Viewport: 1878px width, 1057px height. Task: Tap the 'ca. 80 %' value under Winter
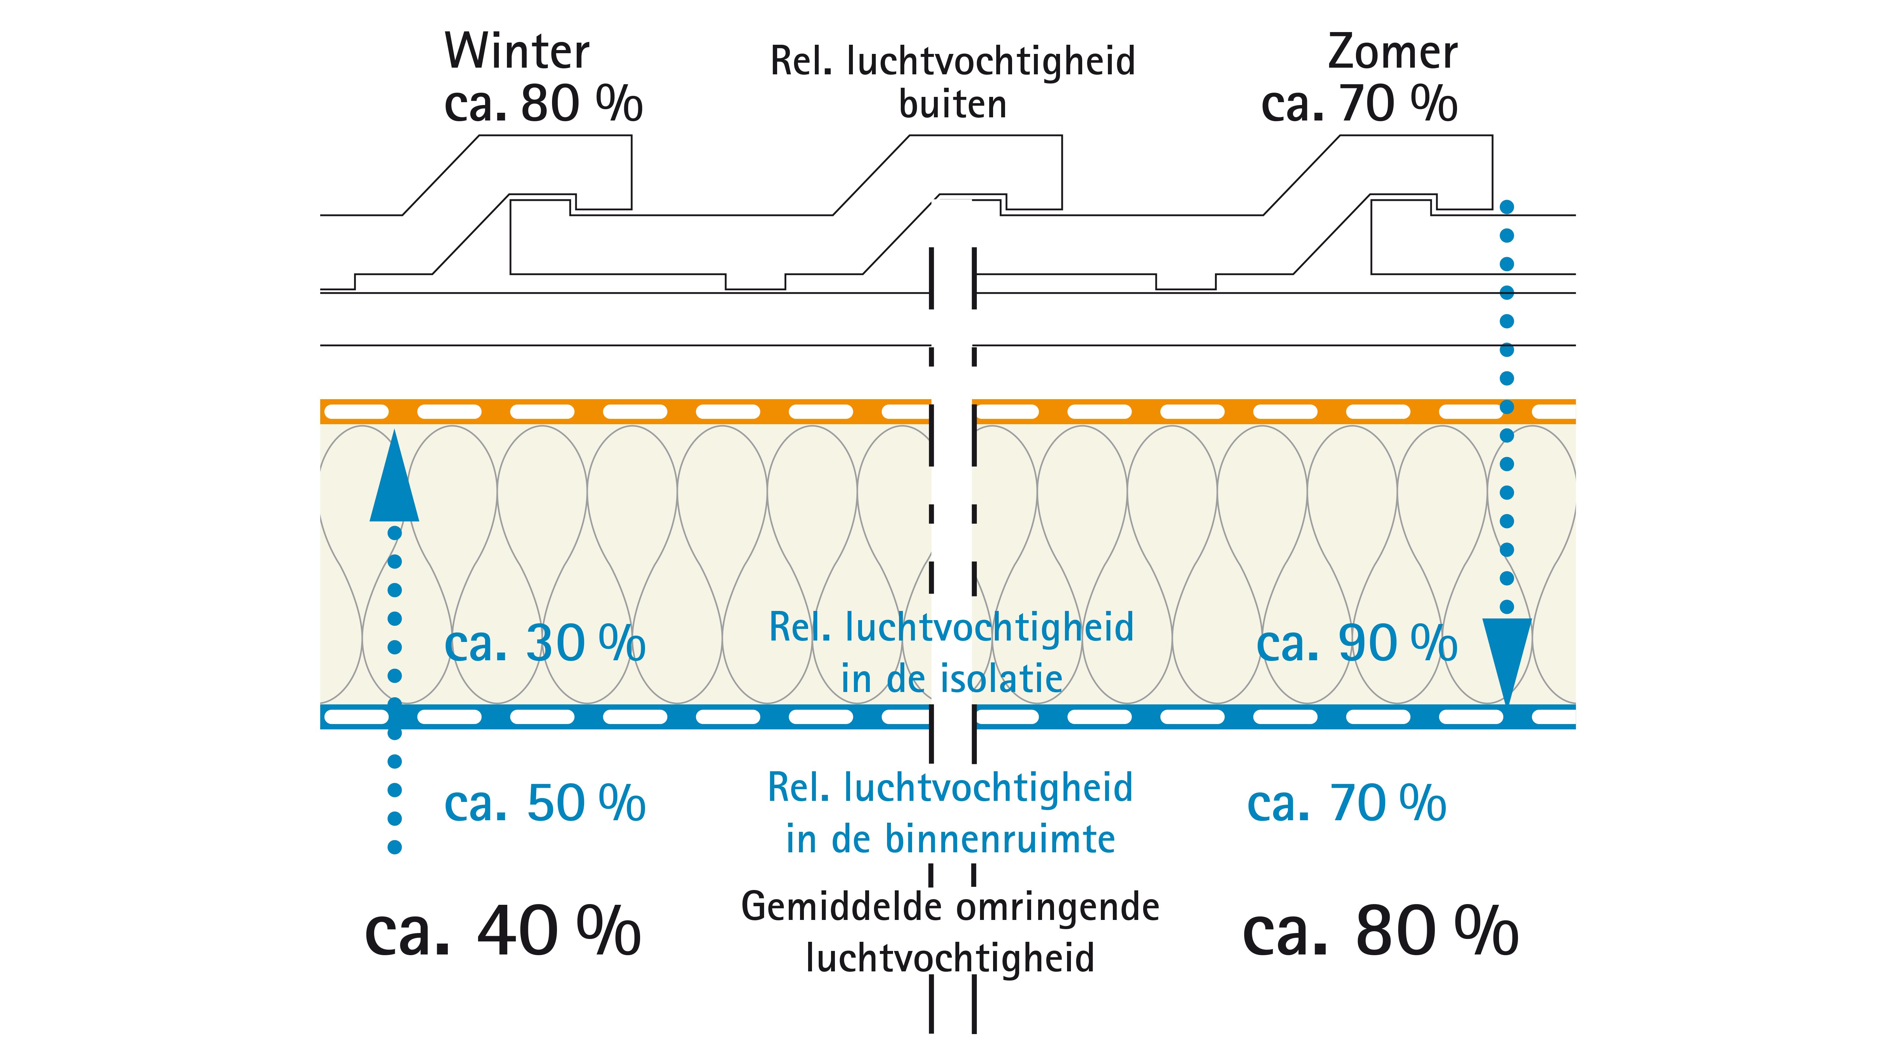(543, 104)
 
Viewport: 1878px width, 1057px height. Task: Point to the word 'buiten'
(953, 104)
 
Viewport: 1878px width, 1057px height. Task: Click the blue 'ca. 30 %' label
(545, 643)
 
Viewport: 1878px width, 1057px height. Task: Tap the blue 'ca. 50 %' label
(545, 803)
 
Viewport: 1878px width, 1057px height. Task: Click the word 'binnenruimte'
(1000, 839)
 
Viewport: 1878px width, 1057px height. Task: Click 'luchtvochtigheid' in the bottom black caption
(950, 958)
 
